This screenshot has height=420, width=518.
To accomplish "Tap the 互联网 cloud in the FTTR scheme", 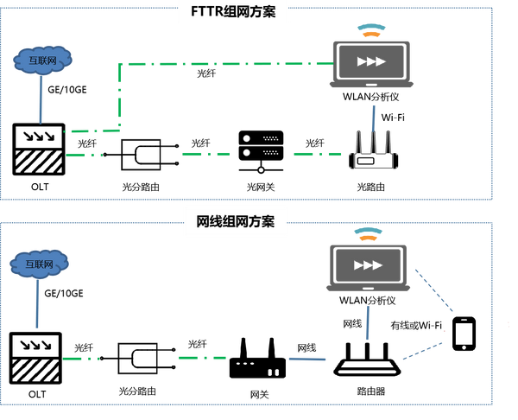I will (42, 60).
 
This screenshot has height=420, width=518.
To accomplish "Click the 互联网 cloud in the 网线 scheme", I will (39, 264).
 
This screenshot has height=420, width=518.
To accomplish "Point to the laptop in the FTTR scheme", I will (371, 64).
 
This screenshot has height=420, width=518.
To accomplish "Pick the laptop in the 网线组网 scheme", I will (368, 268).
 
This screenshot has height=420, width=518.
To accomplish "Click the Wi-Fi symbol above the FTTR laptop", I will (371, 30).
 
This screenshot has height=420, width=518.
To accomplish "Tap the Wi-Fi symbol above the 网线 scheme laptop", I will (369, 232).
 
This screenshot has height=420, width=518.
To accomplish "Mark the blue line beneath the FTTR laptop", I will (374, 118).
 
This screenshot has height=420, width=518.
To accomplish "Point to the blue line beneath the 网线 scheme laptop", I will (367, 322).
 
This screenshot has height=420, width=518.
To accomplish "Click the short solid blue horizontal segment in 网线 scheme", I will (308, 359).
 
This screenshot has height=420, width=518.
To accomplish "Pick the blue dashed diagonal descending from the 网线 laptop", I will (433, 290).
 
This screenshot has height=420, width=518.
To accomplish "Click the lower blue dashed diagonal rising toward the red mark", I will (422, 351).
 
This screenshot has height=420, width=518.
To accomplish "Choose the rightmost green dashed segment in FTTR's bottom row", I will (317, 154).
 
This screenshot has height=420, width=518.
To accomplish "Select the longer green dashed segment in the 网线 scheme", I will (202, 358).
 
